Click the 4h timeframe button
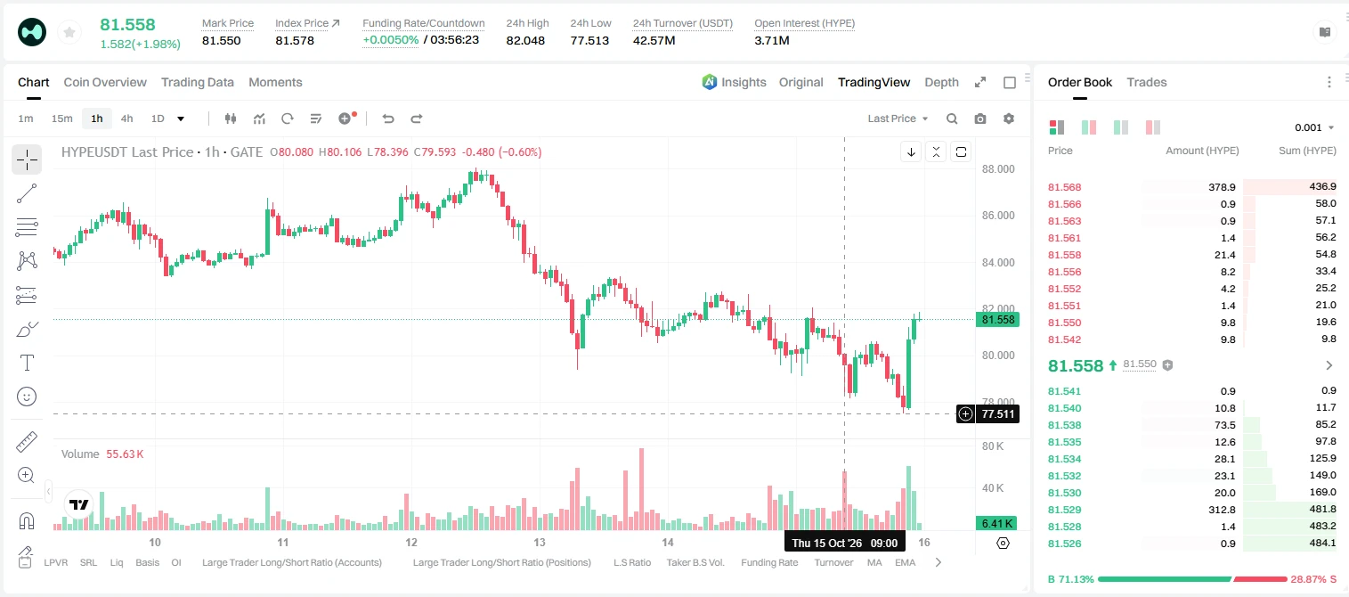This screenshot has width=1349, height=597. pos(126,119)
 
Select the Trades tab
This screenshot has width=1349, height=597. pos(1146,82)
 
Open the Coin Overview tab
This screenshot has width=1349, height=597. pos(105,82)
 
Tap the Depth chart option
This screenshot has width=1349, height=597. pos(941,82)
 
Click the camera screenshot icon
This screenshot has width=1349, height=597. pos(979,119)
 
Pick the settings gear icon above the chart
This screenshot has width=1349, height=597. pos(1009,119)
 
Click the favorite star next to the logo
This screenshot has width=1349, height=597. pos(69,32)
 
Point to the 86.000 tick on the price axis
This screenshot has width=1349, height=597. pos(998,215)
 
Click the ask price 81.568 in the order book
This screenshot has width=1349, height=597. pos(1064,187)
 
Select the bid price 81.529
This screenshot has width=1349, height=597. pos(1064,510)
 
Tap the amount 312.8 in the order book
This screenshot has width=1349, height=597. pos(1222,510)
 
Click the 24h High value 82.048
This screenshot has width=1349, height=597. pos(525,40)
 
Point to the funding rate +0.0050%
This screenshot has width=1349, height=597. pos(390,40)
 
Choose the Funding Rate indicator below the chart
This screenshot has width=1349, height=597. pos(769,562)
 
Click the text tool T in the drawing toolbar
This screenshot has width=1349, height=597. pos(27,363)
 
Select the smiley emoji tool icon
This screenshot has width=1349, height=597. pos(27,397)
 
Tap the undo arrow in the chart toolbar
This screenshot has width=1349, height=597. pos(388,119)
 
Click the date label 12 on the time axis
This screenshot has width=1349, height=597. pos(410,542)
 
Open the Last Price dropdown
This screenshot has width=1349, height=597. pos(898,119)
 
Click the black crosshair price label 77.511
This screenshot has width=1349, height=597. pos(997,413)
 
